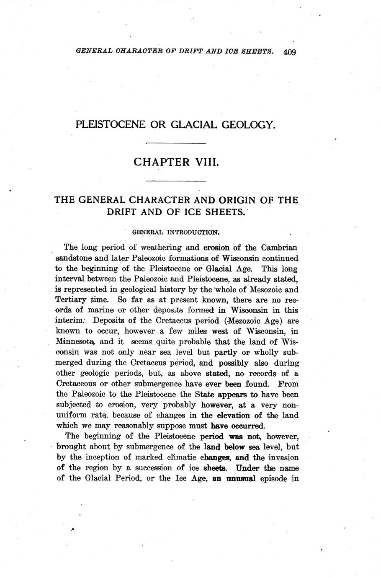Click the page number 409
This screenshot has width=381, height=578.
click(x=289, y=52)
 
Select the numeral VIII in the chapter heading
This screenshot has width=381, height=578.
click(x=205, y=162)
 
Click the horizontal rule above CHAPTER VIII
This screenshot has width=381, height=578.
click(x=176, y=144)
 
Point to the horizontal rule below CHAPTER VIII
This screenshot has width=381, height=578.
click(x=176, y=181)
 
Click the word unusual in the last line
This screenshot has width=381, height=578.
click(x=241, y=478)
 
